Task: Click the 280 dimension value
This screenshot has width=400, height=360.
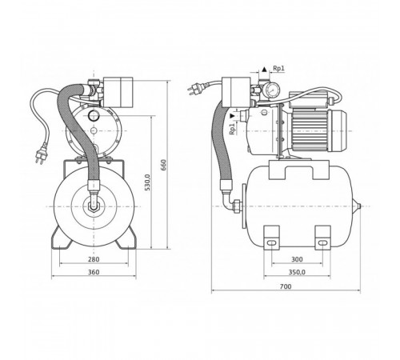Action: point(94,259)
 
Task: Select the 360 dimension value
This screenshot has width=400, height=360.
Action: point(94,272)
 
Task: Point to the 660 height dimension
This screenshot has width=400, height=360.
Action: point(163,165)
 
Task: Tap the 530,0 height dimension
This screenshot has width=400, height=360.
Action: point(147,182)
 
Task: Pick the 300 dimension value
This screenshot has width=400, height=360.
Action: point(297,259)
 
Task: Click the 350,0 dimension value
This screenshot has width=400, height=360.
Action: point(297,272)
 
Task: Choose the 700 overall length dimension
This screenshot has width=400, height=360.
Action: point(286,286)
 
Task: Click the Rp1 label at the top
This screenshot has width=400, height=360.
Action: point(278,68)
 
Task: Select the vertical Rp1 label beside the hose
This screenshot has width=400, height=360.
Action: point(233,129)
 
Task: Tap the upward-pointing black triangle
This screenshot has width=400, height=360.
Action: point(264,70)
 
